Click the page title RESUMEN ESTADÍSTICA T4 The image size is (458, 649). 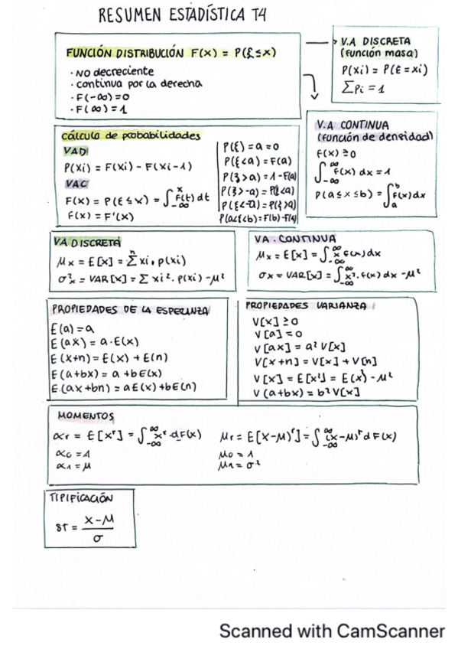coord(182,15)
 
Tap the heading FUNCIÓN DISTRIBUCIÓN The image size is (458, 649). coord(125,54)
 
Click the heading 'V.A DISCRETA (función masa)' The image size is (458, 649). coord(375,47)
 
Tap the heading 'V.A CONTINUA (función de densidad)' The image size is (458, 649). coord(373,130)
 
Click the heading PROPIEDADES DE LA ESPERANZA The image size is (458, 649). coord(130,310)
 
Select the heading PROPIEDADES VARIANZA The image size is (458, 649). coord(306,305)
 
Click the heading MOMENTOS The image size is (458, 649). coord(86,416)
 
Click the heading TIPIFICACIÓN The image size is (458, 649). coord(80,497)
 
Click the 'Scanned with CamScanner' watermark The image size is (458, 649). coord(331,631)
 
